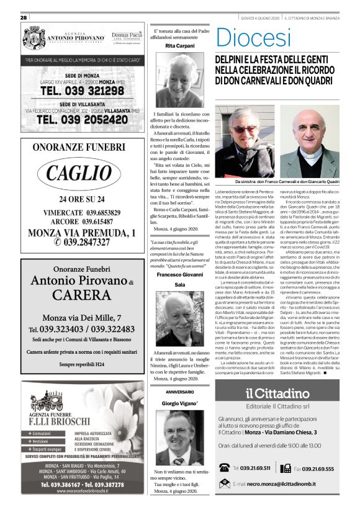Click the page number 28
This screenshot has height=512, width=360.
pos(24,17)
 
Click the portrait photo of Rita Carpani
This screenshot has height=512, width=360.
pos(179,80)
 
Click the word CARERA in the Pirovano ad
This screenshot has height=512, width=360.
pos(78,294)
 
